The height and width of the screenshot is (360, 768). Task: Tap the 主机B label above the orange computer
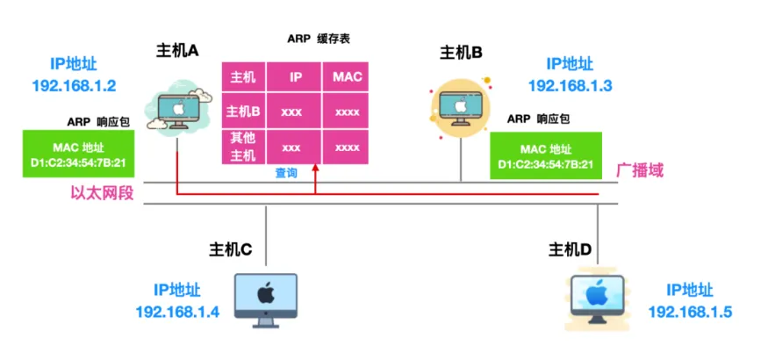coord(461,54)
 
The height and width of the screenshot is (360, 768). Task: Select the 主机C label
coord(230,248)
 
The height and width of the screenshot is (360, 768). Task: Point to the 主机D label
coord(570,248)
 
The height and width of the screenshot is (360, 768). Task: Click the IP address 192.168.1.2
coord(75,86)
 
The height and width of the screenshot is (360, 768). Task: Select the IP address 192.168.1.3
coord(570,85)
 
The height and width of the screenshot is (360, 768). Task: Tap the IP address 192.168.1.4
coord(178,312)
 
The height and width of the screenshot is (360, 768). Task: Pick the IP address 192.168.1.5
coord(690,312)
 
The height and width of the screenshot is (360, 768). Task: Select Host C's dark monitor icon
coord(266,299)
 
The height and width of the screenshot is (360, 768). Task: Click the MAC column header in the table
coord(347,77)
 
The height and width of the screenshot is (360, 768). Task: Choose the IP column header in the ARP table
coord(296,77)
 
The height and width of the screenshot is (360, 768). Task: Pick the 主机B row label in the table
coord(243,112)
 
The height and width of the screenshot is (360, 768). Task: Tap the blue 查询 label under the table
coord(286,173)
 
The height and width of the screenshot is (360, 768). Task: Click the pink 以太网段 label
coord(102,192)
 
